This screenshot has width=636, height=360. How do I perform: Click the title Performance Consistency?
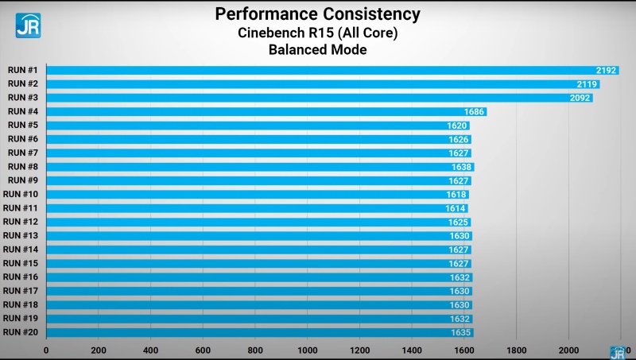click(317, 14)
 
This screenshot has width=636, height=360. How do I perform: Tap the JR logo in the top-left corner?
click(28, 25)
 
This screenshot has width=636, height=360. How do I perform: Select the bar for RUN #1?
click(318, 70)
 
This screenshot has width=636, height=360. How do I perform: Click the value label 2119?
click(587, 84)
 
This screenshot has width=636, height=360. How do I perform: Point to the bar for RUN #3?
click(318, 98)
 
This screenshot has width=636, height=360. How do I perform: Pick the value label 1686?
click(474, 112)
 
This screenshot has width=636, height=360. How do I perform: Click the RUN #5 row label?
click(22, 126)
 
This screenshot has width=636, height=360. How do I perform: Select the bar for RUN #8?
click(254, 167)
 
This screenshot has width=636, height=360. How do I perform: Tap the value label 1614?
click(456, 208)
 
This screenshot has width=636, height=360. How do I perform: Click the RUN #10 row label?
click(21, 195)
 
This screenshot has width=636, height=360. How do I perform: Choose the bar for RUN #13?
click(254, 236)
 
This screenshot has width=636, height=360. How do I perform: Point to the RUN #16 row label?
click(21, 277)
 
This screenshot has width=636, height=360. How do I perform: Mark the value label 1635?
click(461, 333)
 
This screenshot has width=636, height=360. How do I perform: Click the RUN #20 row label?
click(21, 332)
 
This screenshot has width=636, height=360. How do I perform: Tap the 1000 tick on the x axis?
click(307, 350)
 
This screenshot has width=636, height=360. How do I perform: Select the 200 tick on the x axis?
click(99, 350)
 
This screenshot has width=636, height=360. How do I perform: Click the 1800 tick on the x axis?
click(516, 350)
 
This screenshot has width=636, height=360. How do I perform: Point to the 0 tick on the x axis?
click(46, 350)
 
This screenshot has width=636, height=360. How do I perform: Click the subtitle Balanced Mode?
click(317, 50)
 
